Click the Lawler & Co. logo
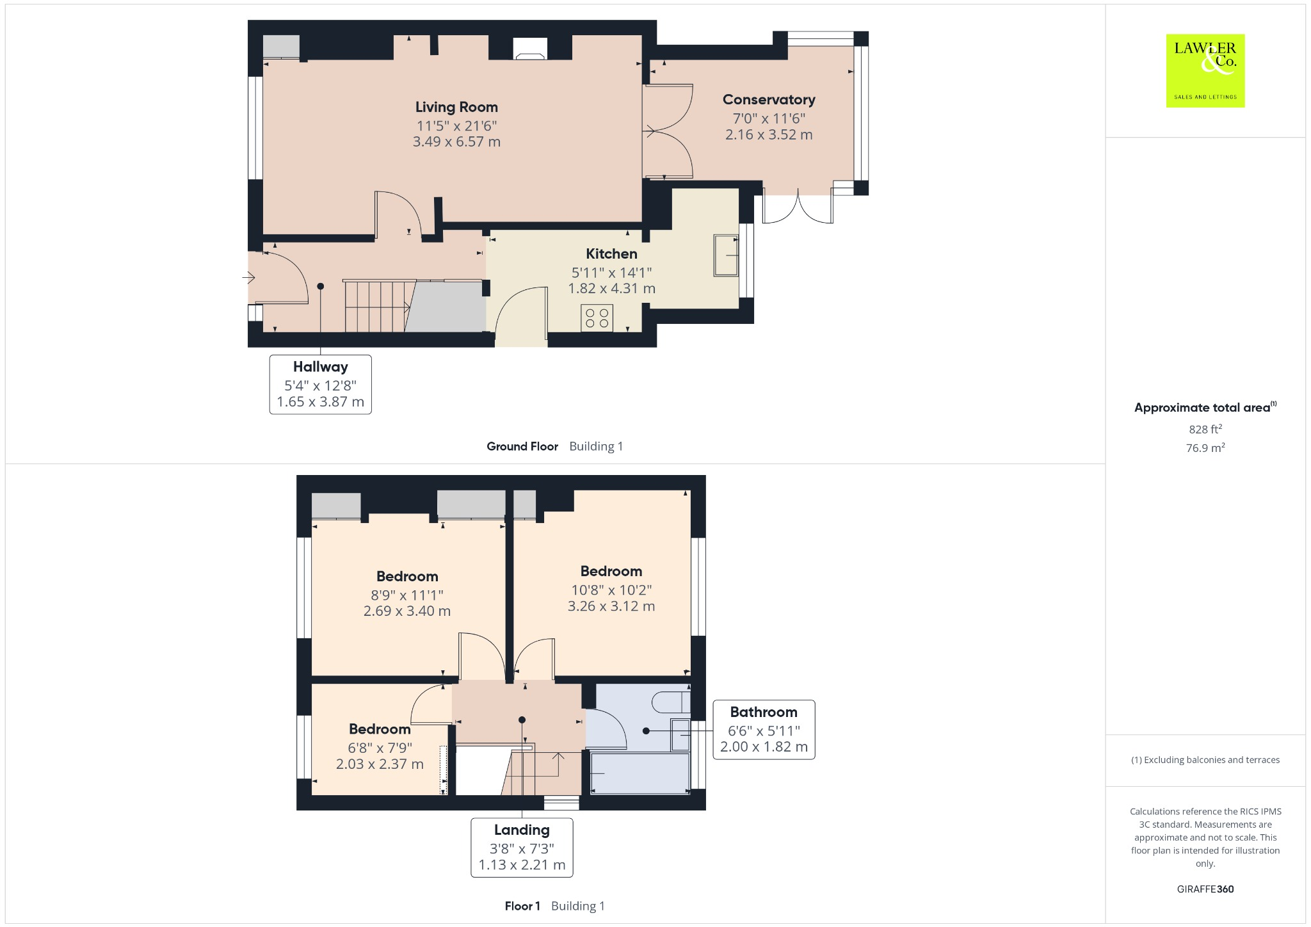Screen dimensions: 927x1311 click(x=1205, y=70)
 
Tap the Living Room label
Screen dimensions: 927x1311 click(x=456, y=108)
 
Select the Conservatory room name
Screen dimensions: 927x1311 click(x=769, y=100)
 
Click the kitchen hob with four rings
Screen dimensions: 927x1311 click(x=597, y=318)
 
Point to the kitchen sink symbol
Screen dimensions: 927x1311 click(x=726, y=256)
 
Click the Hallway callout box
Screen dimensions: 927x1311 click(x=320, y=384)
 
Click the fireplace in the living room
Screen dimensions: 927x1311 click(x=530, y=49)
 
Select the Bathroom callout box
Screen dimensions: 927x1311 click(x=764, y=729)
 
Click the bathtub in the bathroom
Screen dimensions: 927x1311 click(x=639, y=773)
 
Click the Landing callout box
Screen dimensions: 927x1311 click(x=522, y=847)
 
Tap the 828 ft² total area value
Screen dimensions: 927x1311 click(x=1205, y=430)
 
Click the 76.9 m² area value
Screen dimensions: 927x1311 click(x=1205, y=448)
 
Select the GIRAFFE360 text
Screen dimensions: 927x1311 click(x=1205, y=889)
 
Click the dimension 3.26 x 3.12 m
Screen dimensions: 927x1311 click(x=611, y=606)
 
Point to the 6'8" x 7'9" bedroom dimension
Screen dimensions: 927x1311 click(x=380, y=748)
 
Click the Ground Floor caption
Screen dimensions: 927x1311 click(x=522, y=447)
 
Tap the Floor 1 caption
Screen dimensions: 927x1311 click(x=522, y=906)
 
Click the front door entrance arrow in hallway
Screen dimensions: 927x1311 click(x=249, y=278)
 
